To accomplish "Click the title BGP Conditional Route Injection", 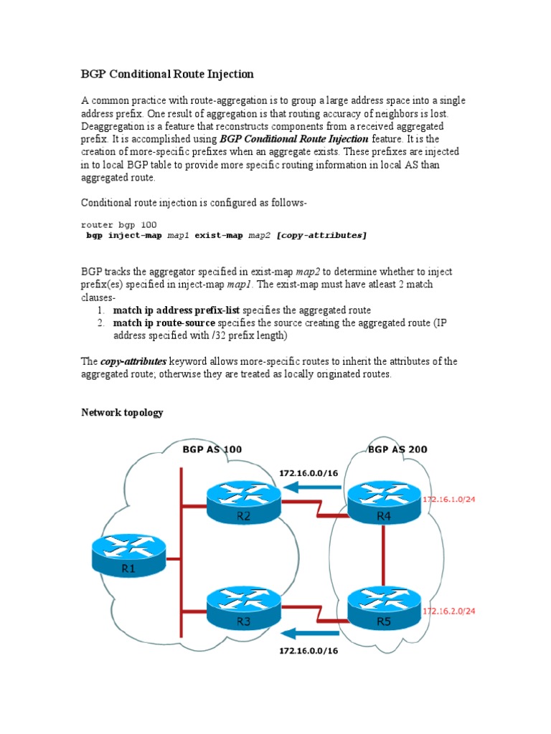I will coord(167,74).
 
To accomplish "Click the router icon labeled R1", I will coord(128,556).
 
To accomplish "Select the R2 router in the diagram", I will coord(243,501).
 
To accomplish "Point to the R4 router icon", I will coord(384,501).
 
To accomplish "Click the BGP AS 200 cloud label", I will coord(397,449).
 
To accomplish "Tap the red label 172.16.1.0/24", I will coord(449,499).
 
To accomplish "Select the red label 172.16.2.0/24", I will coord(449,611).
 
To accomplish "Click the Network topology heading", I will coord(122,412).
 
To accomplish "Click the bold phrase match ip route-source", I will coord(164,323).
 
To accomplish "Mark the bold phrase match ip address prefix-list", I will coord(176,310).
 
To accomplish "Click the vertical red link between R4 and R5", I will coord(384,556).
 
